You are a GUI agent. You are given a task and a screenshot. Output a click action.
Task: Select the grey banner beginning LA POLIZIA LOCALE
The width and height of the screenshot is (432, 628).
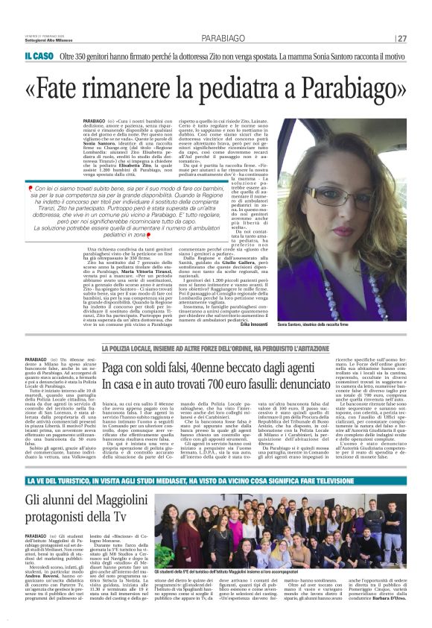216,348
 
